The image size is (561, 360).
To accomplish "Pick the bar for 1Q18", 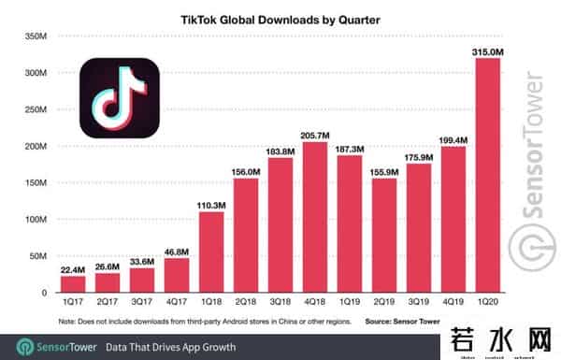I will pyautogui.click(x=212, y=252).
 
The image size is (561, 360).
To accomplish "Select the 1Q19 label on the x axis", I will pyautogui.click(x=350, y=303).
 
